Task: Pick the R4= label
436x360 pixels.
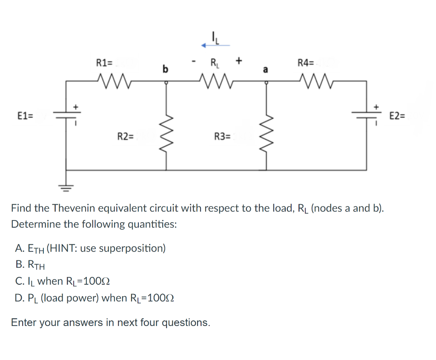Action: (305, 63)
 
